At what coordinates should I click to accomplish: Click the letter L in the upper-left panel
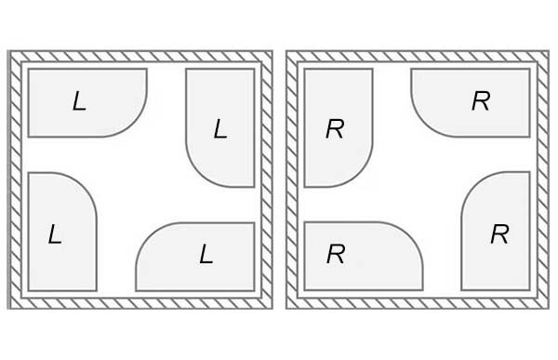[79, 101]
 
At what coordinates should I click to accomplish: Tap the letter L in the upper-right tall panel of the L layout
[220, 128]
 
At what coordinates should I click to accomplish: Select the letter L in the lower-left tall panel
[55, 233]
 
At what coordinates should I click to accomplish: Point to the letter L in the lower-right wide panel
[206, 254]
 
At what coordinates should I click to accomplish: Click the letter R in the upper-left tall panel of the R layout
[335, 128]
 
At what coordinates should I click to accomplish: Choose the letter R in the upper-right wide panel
[481, 101]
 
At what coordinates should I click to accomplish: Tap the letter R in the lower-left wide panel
[336, 254]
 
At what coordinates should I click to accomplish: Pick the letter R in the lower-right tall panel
[499, 233]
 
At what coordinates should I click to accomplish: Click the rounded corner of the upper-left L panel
[135, 125]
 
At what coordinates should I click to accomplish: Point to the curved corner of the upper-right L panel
[199, 174]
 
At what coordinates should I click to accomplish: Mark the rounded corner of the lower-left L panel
[84, 185]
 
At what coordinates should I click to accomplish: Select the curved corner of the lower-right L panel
[149, 235]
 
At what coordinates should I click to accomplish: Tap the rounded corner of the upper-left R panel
[360, 174]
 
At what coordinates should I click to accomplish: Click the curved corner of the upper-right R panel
[424, 125]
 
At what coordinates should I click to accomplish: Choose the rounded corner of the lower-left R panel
[410, 235]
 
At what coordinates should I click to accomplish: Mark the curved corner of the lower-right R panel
[474, 185]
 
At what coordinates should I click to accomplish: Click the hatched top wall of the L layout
[140, 56]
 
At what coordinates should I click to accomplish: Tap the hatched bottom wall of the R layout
[418, 303]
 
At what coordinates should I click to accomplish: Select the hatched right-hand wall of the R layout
[543, 180]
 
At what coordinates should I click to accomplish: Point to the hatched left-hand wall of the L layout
[15, 180]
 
